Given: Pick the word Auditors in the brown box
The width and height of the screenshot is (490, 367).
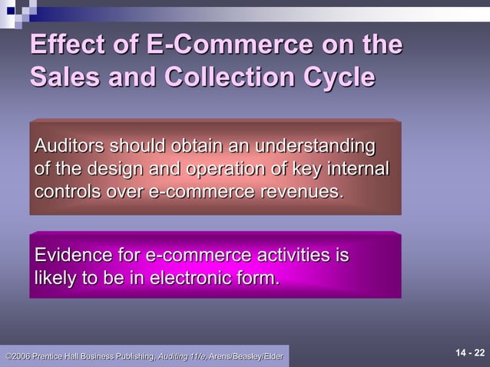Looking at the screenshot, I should tap(69, 146).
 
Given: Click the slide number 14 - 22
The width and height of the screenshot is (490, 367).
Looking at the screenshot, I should tap(470, 353).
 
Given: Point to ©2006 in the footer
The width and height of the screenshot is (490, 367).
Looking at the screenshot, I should tap(18, 356).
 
